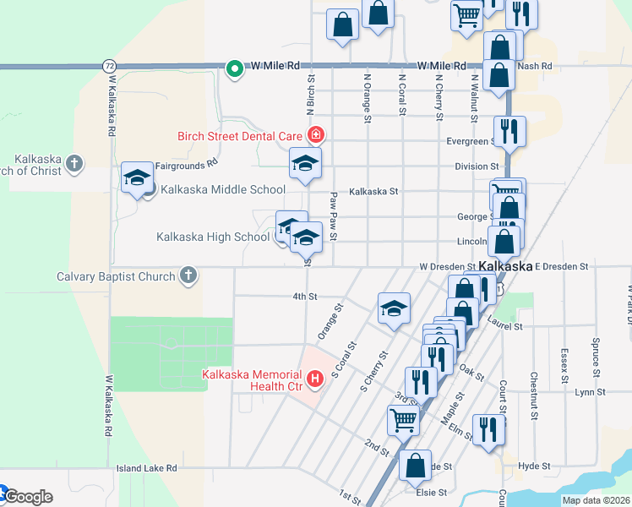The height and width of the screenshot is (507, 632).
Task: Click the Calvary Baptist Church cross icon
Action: click(188, 275)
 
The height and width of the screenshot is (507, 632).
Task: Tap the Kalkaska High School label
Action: click(213, 237)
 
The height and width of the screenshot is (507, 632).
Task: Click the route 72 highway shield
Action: click(110, 65)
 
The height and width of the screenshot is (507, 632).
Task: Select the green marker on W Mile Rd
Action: click(232, 69)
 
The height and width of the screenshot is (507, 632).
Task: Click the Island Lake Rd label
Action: click(147, 467)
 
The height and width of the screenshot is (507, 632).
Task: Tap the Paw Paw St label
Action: click(334, 216)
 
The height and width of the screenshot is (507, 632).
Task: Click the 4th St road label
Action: click(304, 297)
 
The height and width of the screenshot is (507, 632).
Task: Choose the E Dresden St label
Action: click(560, 266)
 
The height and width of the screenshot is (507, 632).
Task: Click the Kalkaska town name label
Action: click(505, 266)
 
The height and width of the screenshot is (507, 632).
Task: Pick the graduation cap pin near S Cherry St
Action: click(394, 309)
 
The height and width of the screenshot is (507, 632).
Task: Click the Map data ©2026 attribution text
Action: click(596, 500)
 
